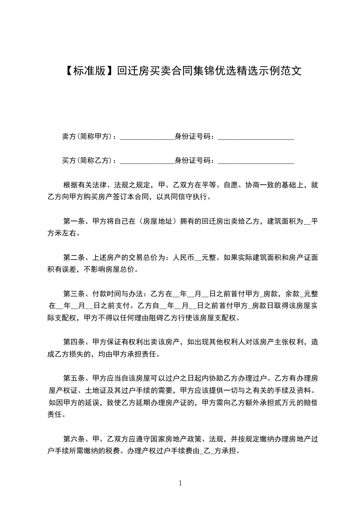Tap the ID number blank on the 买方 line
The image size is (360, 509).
(256, 161)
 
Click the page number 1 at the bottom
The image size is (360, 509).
(180, 483)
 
